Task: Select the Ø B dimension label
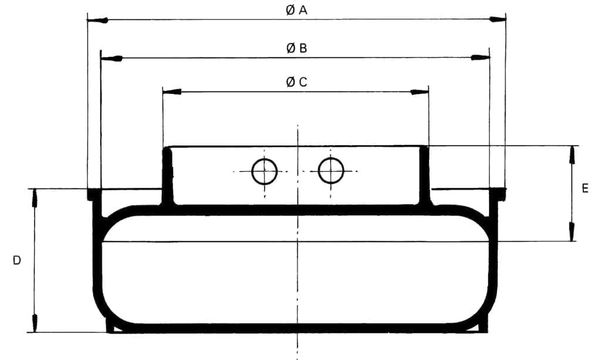pyautogui.click(x=297, y=48)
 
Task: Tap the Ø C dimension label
pyautogui.click(x=296, y=82)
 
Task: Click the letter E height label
pyautogui.click(x=585, y=189)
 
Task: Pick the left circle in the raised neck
pyautogui.click(x=264, y=171)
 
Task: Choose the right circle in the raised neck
pyautogui.click(x=331, y=171)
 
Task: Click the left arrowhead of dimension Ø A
pyautogui.click(x=97, y=20)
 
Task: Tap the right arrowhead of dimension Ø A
pyautogui.click(x=498, y=19)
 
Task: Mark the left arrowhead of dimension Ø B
pyautogui.click(x=112, y=58)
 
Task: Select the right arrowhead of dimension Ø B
pyautogui.click(x=481, y=58)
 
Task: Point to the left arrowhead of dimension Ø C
pyautogui.click(x=172, y=92)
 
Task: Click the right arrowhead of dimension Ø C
pyautogui.click(x=420, y=92)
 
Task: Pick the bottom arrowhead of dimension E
pyautogui.click(x=572, y=233)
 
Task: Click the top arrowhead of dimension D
pyautogui.click(x=35, y=198)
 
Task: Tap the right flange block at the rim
pyautogui.click(x=498, y=193)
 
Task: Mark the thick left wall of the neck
pyautogui.click(x=167, y=176)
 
